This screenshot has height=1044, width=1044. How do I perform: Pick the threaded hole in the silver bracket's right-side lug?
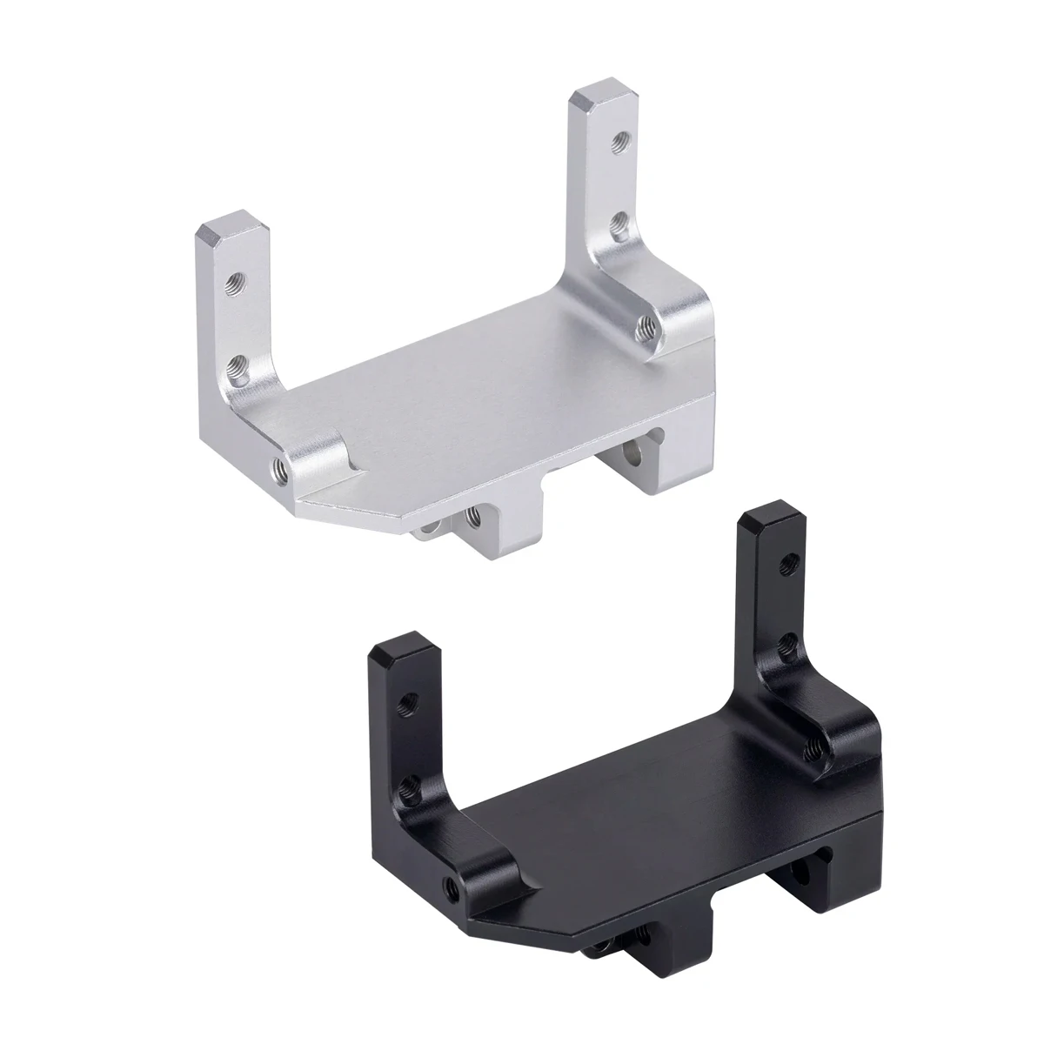646,326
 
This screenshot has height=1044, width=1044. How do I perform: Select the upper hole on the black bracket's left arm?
405,699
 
